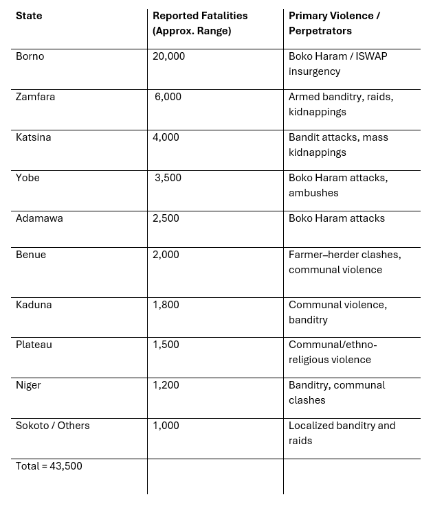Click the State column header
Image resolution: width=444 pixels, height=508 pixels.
tap(29, 16)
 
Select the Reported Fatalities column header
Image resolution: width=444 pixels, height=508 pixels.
tap(199, 23)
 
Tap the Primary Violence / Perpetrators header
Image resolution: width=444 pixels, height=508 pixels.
tap(334, 23)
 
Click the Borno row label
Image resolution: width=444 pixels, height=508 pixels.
tap(30, 56)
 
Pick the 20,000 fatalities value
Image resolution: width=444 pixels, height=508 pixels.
tap(169, 56)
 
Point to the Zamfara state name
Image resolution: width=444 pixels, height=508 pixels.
tap(35, 97)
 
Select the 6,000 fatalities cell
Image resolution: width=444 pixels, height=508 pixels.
tap(168, 97)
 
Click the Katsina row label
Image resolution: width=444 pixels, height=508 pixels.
tap(33, 137)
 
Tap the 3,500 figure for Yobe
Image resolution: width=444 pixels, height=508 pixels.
tap(168, 178)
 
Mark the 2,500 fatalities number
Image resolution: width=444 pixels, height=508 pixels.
tap(166, 218)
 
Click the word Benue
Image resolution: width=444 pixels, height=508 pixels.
tap(31, 255)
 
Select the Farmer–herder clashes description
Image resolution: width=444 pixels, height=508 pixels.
tap(344, 262)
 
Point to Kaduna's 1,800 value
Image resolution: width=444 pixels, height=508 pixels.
tap(166, 305)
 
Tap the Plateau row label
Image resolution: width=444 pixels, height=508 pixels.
tap(34, 345)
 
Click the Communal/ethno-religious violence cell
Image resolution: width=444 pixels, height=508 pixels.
tap(333, 352)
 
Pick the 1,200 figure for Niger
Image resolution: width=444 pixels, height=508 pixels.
tap(166, 385)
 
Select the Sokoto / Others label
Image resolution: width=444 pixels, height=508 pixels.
tap(53, 426)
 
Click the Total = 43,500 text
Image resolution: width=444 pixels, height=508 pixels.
tap(49, 466)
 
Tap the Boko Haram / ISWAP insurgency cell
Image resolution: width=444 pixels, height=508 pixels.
tap(337, 64)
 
